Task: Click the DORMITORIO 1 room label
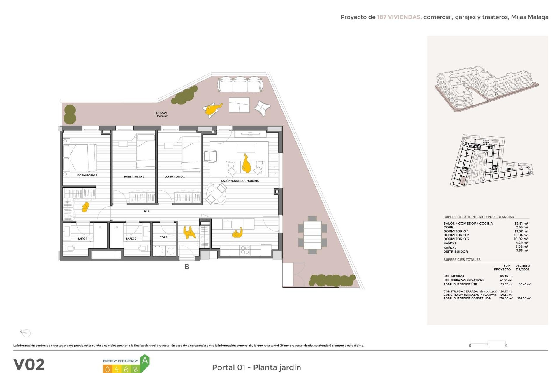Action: [x=87, y=175]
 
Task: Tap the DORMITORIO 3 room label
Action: [x=174, y=177]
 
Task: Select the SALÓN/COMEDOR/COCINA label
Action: [x=240, y=181]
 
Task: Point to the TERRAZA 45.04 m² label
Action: [x=161, y=114]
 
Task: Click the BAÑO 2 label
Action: [x=131, y=238]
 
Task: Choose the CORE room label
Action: [x=163, y=237]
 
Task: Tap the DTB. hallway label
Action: [x=147, y=211]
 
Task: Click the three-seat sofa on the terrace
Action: [x=240, y=85]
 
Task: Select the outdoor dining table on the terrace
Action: [x=312, y=235]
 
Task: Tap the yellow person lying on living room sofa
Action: [x=246, y=164]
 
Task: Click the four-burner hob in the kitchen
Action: [x=245, y=250]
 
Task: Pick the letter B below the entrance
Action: [x=187, y=266]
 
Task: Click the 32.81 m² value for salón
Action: [x=521, y=224]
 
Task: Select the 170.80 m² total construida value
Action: [x=506, y=298]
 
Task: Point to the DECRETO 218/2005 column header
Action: [x=522, y=268]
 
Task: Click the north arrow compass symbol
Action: [x=26, y=333]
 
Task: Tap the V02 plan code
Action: [x=29, y=364]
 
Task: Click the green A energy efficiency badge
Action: [x=145, y=361]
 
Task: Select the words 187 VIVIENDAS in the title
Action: [x=398, y=17]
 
